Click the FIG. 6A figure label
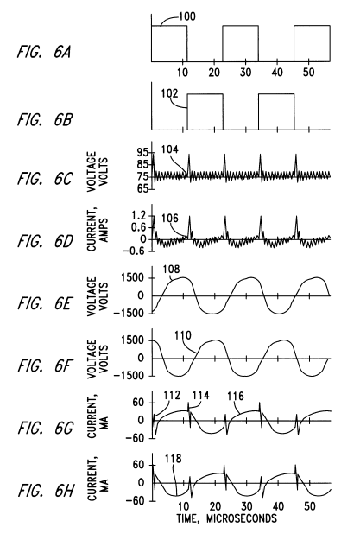(x=44, y=53)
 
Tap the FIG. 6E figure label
(x=44, y=303)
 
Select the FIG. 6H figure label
(x=45, y=491)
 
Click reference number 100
(x=186, y=16)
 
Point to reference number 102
(x=170, y=93)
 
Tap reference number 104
(x=170, y=149)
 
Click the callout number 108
(x=172, y=269)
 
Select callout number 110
(x=183, y=335)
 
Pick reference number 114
(x=200, y=395)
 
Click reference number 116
(x=236, y=397)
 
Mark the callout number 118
(x=174, y=459)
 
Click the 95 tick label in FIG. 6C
(x=142, y=153)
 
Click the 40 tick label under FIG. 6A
(x=277, y=73)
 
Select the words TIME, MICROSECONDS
(x=226, y=518)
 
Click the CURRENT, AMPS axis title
(x=98, y=229)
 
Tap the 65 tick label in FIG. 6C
(x=142, y=188)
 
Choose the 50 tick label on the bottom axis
(x=310, y=506)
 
